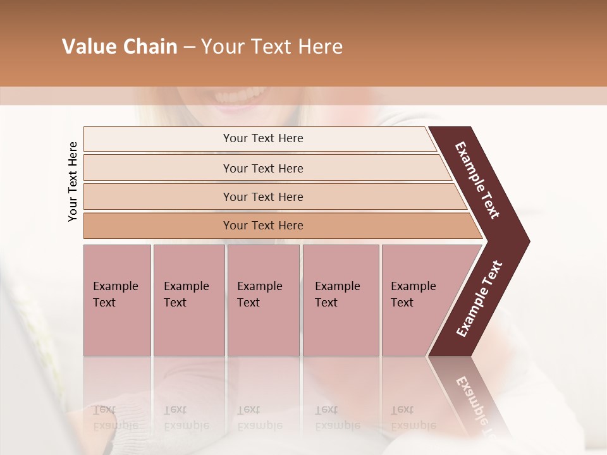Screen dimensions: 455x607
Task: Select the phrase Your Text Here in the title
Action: [x=272, y=47]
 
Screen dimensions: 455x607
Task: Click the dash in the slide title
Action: [x=189, y=47]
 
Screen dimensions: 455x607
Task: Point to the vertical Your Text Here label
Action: [x=73, y=181]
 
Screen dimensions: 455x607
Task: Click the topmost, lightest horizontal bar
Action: [x=259, y=138]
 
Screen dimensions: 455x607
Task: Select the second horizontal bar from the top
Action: [x=263, y=168]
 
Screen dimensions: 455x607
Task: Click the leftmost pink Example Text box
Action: [x=117, y=300]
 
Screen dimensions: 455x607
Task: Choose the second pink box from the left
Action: [x=188, y=300]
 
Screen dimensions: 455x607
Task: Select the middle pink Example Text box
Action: [x=263, y=300]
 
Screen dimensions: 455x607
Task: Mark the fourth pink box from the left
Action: [x=340, y=300]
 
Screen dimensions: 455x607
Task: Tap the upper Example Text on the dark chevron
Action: [x=477, y=180]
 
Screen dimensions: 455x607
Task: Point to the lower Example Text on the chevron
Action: [x=479, y=299]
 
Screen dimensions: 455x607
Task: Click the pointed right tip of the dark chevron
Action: [x=527, y=241]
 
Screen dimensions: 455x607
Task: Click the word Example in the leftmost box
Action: [x=115, y=286]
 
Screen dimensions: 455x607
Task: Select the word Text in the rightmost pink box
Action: [x=402, y=303]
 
